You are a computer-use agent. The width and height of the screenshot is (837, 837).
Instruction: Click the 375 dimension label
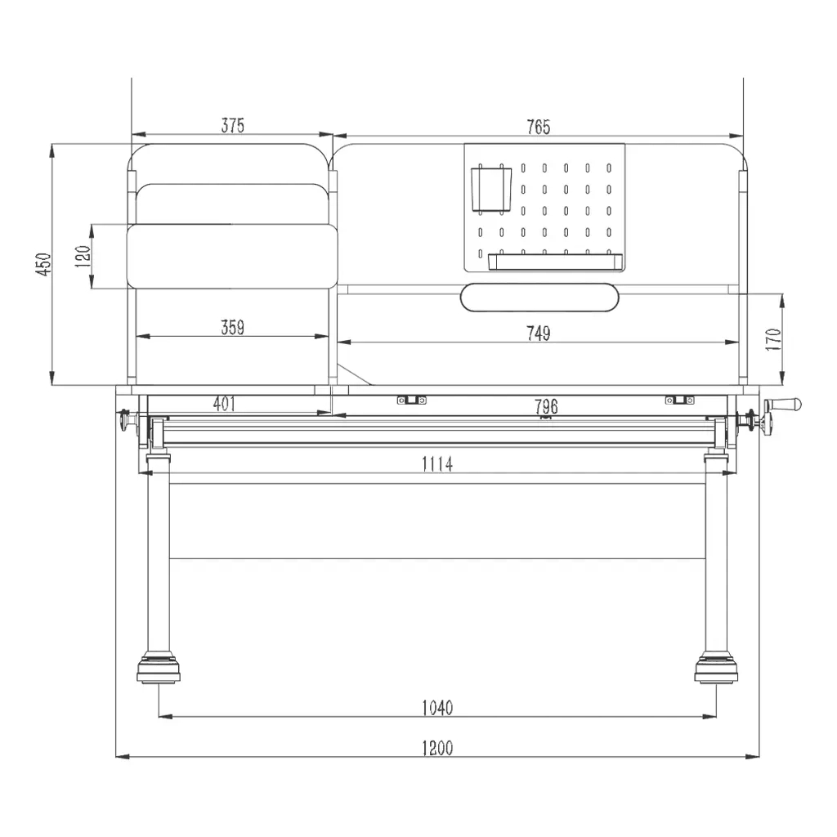click(x=233, y=125)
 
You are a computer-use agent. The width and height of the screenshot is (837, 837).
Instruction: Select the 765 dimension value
click(x=538, y=127)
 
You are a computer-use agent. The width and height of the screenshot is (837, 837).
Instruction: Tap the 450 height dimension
click(x=43, y=264)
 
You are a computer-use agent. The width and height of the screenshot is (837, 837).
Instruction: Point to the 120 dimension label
click(x=83, y=256)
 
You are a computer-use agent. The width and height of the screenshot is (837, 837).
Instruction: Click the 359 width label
click(x=233, y=327)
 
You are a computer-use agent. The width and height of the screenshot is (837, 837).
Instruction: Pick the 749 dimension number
click(x=538, y=333)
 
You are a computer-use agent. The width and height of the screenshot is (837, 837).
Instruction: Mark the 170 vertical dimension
click(x=773, y=339)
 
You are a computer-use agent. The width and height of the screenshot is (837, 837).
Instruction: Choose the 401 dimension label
click(x=225, y=404)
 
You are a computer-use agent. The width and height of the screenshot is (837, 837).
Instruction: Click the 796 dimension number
click(x=546, y=407)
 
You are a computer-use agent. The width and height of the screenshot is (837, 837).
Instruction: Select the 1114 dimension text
click(x=437, y=464)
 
